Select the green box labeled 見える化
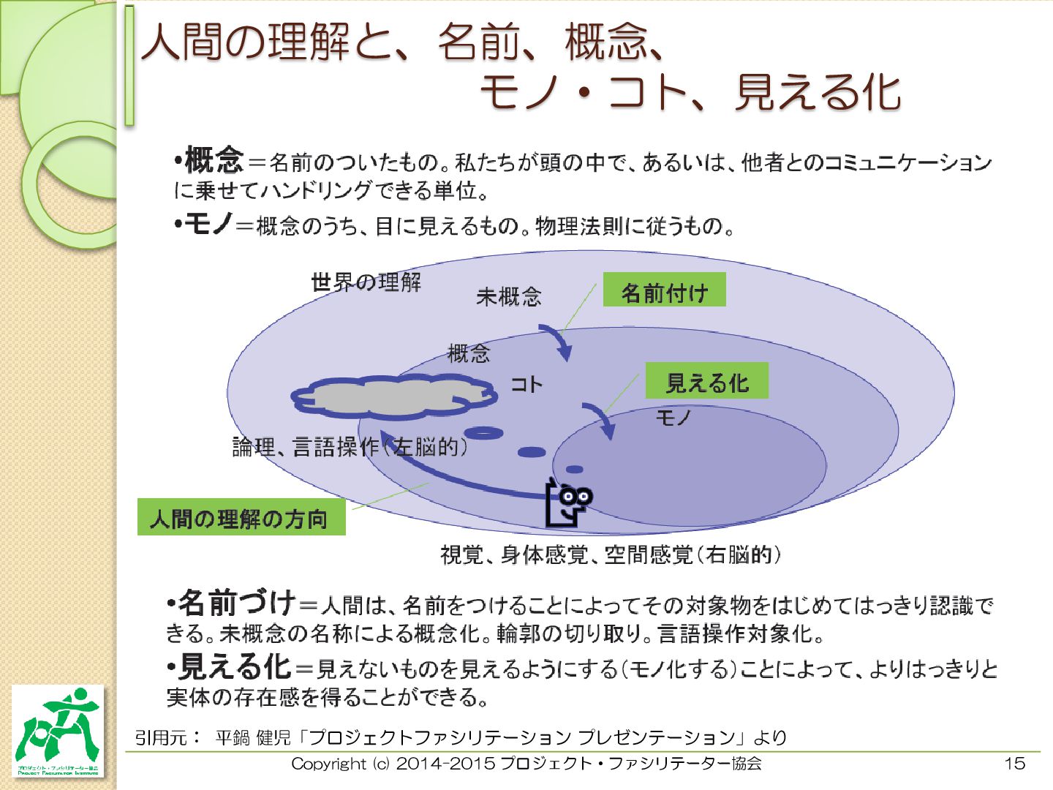click(x=706, y=381)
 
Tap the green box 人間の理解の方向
click(x=241, y=517)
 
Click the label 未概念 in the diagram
click(x=509, y=296)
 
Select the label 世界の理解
click(x=366, y=282)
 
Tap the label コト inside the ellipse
click(x=526, y=384)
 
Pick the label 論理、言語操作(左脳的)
click(x=350, y=446)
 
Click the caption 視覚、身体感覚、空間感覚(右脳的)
click(x=611, y=555)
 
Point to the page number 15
click(x=1014, y=764)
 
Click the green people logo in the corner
click(x=58, y=730)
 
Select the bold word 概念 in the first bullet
click(x=214, y=159)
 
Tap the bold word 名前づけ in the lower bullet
click(x=237, y=603)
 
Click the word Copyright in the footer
click(x=328, y=764)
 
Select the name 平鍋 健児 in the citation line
click(x=253, y=737)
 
